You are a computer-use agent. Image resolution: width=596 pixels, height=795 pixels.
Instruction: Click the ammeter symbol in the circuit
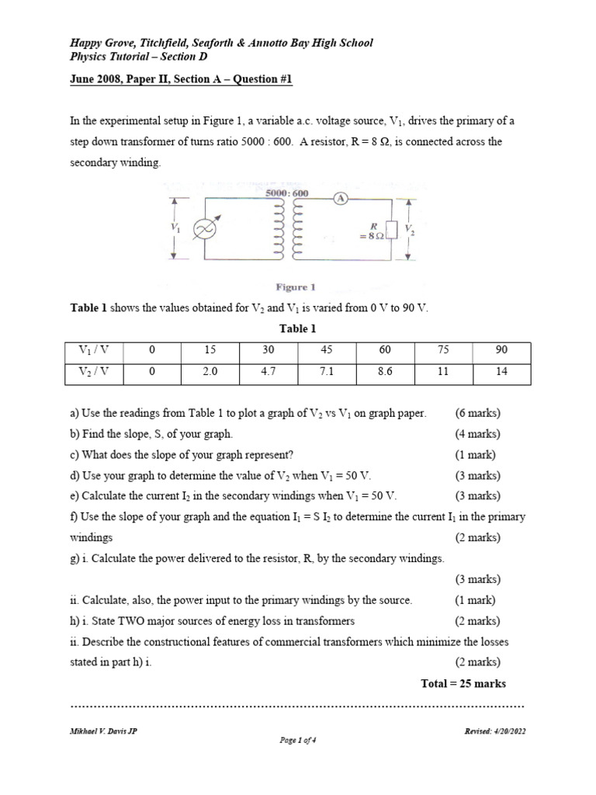pos(340,199)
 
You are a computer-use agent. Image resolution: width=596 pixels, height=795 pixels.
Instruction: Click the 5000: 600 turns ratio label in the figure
pos(286,193)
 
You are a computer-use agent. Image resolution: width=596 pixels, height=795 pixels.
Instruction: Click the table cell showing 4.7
pos(269,372)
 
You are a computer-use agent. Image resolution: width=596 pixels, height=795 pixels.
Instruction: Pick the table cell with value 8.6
pos(385,372)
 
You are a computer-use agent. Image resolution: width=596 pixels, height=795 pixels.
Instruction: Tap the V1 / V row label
pos(95,351)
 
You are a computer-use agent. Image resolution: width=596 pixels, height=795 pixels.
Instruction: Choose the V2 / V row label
pos(95,372)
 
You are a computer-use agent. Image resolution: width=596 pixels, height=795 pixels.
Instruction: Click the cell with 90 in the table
pos(501,351)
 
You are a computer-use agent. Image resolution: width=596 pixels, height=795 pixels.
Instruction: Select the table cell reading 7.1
pos(327,372)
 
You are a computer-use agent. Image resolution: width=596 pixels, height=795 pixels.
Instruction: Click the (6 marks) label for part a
pos(477,413)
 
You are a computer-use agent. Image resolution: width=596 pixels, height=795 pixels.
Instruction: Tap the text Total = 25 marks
pos(463,683)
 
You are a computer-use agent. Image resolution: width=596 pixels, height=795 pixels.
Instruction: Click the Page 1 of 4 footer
pos(297,740)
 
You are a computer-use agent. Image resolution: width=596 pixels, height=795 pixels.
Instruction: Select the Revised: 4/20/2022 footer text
pos(494,731)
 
